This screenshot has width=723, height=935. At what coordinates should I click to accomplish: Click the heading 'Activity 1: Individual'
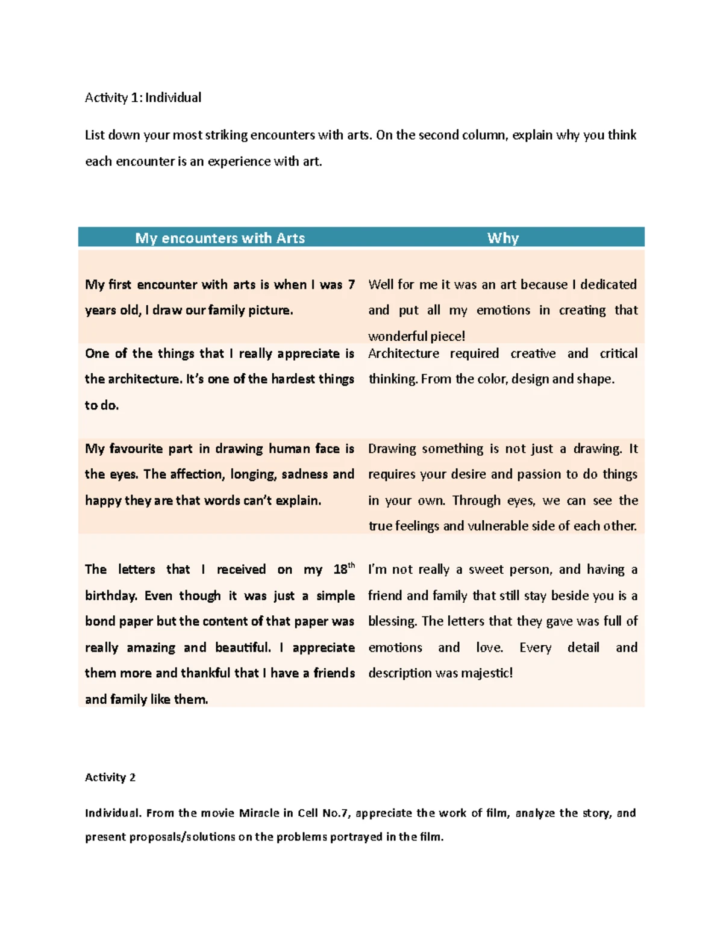click(143, 98)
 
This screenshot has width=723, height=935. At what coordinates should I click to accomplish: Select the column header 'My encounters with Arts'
click(220, 238)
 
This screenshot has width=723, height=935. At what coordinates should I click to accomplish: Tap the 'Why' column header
click(502, 238)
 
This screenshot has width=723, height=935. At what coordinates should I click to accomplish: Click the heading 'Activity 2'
click(110, 777)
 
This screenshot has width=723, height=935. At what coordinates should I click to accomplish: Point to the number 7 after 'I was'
click(351, 284)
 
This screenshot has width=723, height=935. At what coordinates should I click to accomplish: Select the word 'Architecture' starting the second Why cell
click(404, 353)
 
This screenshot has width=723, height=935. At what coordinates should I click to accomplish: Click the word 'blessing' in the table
click(392, 621)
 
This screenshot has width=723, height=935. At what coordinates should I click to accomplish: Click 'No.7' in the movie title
click(336, 813)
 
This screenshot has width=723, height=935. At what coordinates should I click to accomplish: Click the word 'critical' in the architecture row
click(618, 353)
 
